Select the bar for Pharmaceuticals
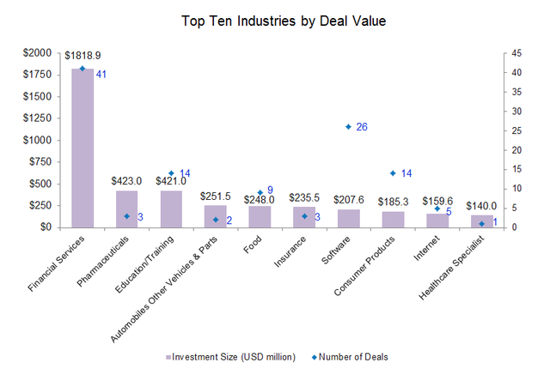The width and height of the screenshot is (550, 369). click(x=127, y=209)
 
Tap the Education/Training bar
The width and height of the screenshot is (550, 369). click(x=171, y=209)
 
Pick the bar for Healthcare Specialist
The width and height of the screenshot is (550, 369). click(x=481, y=221)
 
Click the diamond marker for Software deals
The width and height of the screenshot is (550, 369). click(x=348, y=127)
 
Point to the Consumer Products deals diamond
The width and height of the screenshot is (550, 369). click(x=393, y=173)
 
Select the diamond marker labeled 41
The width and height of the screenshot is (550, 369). click(x=82, y=69)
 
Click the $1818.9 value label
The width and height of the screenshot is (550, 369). click(x=82, y=56)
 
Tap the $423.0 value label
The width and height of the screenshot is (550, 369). click(x=127, y=181)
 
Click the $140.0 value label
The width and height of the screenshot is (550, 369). click(x=481, y=206)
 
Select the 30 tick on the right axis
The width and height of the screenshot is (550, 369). click(x=517, y=111)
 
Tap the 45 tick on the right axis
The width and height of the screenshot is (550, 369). click(x=517, y=52)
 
